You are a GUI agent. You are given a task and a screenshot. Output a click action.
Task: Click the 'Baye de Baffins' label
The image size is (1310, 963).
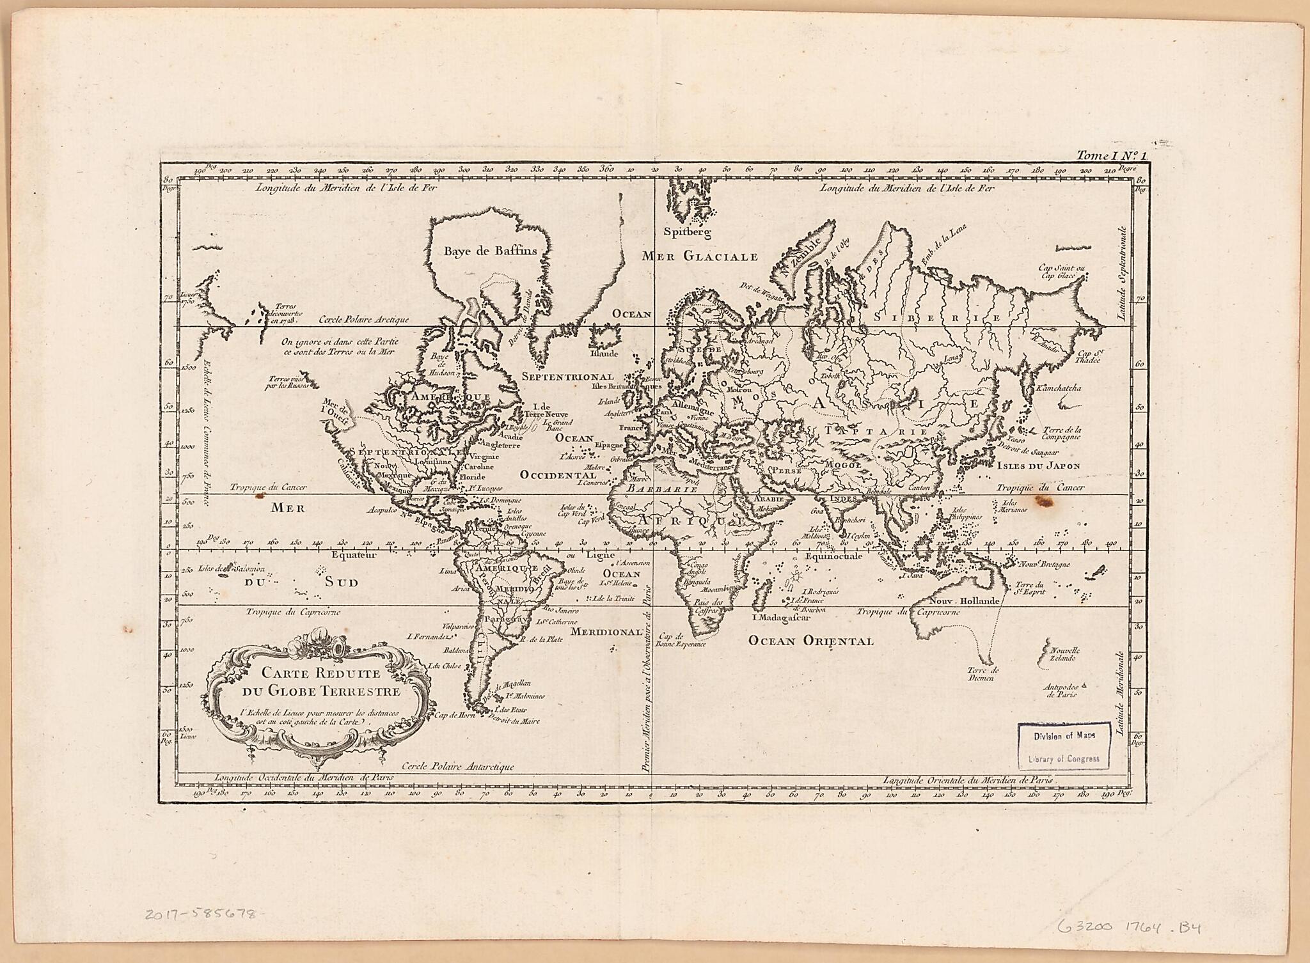490,251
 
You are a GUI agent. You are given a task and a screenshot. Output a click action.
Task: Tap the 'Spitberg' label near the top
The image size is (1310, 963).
687,232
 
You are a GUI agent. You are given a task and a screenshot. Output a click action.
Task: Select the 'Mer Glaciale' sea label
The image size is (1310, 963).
700,256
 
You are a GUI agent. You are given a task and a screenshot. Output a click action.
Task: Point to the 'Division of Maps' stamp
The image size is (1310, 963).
1064,735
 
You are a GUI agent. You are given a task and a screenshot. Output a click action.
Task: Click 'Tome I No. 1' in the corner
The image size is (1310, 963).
1112,155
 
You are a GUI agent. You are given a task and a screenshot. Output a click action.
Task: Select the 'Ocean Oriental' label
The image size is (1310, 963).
810,641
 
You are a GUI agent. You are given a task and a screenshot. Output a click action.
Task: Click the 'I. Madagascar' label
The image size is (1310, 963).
781,618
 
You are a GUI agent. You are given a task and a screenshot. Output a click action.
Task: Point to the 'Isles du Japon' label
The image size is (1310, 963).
1038,466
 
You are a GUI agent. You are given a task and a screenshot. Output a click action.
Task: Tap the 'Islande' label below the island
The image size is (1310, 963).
604,353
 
